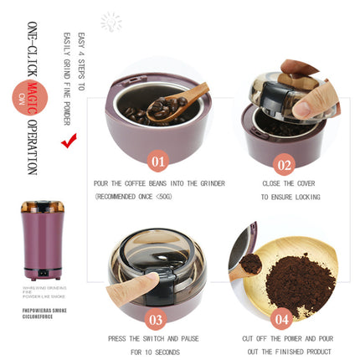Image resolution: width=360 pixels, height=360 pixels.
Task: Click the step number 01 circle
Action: coord(157,159)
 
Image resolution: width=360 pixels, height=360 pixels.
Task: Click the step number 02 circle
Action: coord(285,165)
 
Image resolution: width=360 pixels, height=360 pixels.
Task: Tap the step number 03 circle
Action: coord(155,318)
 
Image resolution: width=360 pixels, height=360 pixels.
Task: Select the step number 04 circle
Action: coord(280,318)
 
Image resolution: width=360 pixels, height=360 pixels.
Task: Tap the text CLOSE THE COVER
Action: coord(289,181)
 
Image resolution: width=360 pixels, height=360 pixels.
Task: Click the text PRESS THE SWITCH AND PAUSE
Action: coord(153,338)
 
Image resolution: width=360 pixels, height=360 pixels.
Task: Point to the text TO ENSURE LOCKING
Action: coord(289,197)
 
